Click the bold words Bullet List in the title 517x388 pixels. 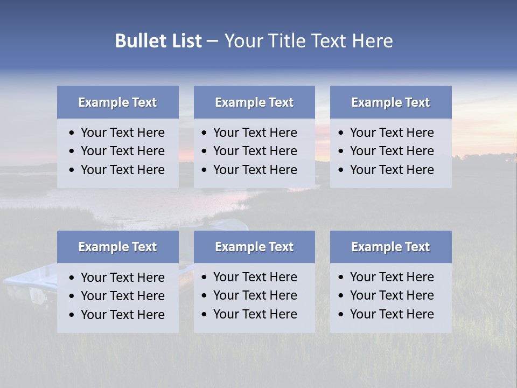click(x=158, y=41)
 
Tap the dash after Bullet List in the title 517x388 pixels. click(x=212, y=41)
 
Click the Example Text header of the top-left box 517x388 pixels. click(x=117, y=102)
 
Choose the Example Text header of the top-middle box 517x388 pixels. click(x=254, y=102)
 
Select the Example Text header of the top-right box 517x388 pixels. click(x=390, y=102)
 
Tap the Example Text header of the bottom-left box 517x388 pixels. click(x=117, y=247)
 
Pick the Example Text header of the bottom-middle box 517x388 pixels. click(x=254, y=247)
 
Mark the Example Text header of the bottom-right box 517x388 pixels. click(x=390, y=247)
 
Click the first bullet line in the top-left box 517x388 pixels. click(x=122, y=133)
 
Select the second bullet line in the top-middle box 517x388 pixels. click(x=255, y=151)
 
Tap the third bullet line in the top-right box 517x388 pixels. click(x=392, y=170)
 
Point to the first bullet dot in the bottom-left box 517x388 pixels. click(x=72, y=278)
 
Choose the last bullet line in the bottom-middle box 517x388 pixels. click(x=255, y=314)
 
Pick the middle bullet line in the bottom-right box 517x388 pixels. click(x=392, y=295)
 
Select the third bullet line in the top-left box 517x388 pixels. click(x=122, y=170)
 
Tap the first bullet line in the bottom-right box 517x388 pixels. click(x=392, y=277)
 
